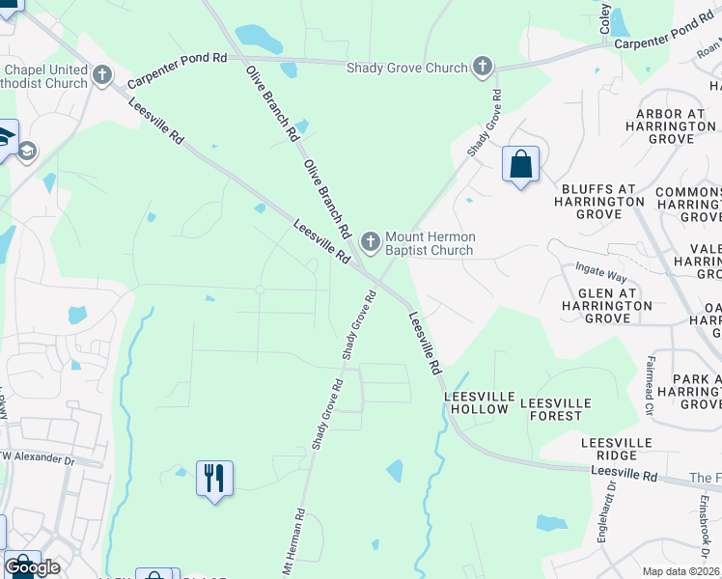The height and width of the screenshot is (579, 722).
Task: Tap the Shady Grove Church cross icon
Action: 483,67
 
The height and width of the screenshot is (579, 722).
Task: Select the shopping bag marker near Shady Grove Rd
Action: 520,164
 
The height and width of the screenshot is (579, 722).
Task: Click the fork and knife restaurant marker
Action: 214,478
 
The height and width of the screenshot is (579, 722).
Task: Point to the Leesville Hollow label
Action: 476,402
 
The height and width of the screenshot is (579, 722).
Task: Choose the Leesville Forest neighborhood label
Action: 551,408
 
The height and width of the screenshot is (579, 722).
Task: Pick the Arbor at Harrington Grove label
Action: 675,125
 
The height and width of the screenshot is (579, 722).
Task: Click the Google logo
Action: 32,567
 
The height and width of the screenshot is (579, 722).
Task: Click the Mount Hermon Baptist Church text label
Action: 430,243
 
